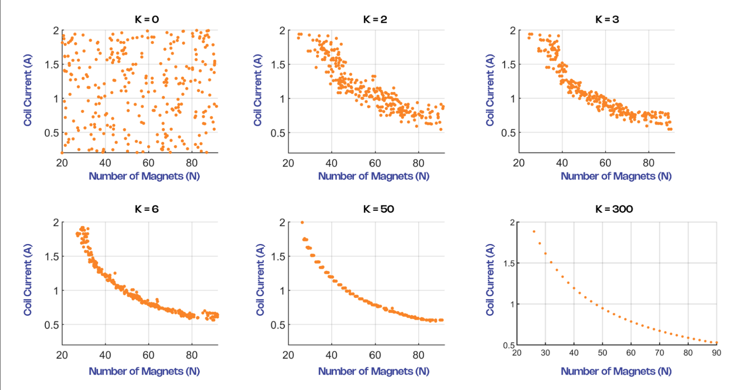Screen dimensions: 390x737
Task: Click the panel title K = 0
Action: pyautogui.click(x=147, y=19)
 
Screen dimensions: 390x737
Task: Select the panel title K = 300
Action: pyautogui.click(x=614, y=209)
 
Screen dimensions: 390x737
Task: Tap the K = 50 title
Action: pyautogui.click(x=378, y=209)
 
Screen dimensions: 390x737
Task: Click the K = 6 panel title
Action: pyautogui.click(x=147, y=209)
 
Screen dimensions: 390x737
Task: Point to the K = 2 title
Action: pyautogui.click(x=375, y=19)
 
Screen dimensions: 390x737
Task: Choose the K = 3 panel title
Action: pyautogui.click(x=607, y=19)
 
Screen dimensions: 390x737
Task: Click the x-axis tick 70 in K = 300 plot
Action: pyautogui.click(x=659, y=353)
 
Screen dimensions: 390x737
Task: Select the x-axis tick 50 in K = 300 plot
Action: pyautogui.click(x=602, y=353)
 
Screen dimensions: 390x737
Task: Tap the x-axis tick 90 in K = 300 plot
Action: pyautogui.click(x=716, y=353)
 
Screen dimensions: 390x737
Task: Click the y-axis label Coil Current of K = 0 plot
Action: pyautogui.click(x=28, y=90)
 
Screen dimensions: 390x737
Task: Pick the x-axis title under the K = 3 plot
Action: pyautogui.click(x=616, y=176)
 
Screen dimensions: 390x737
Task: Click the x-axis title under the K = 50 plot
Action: pyautogui.click(x=373, y=371)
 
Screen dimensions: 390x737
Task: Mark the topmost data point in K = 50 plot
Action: pyautogui.click(x=302, y=222)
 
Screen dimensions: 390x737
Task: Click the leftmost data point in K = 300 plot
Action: pyautogui.click(x=534, y=232)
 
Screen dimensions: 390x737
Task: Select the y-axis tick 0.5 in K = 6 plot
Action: pyautogui.click(x=52, y=325)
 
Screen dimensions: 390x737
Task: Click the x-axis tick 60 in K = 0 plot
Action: pyautogui.click(x=148, y=163)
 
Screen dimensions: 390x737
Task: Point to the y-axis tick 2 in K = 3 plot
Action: pyautogui.click(x=513, y=31)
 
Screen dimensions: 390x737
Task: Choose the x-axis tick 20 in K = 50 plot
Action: pyautogui.click(x=288, y=355)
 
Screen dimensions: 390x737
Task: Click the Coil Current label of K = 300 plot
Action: pyautogui.click(x=490, y=280)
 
